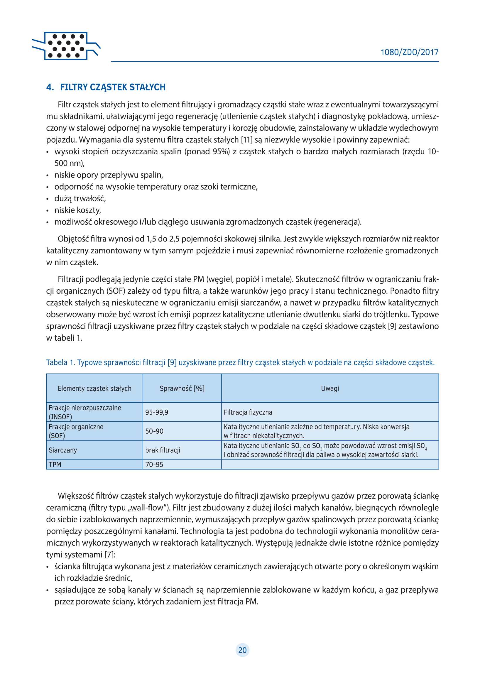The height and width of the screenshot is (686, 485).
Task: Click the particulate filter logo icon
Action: point(66,46)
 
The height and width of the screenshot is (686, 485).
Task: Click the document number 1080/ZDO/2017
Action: point(409,52)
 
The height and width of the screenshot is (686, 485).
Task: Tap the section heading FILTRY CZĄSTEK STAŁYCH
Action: point(112,87)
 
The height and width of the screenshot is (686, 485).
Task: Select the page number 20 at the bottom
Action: point(242,650)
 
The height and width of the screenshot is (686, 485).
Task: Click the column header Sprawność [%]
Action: point(182,388)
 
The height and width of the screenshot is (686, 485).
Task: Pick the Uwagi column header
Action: point(330,388)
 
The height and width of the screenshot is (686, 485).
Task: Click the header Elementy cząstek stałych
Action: point(94,388)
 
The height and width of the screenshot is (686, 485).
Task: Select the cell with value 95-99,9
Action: point(157,412)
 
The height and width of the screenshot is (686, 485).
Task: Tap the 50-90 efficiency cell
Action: point(154,431)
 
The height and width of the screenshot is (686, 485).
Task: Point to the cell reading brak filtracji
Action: point(163,450)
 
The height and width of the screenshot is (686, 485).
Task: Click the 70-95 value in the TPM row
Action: point(154,464)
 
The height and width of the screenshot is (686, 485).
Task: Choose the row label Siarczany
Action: point(63,450)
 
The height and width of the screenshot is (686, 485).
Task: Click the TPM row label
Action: point(55,464)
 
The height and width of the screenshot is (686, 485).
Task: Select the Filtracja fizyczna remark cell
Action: point(248,412)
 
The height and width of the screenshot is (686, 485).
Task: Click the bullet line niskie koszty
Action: point(78,210)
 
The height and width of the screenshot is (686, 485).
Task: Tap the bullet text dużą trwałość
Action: point(80,199)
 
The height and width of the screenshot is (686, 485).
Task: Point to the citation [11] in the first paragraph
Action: point(246,140)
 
